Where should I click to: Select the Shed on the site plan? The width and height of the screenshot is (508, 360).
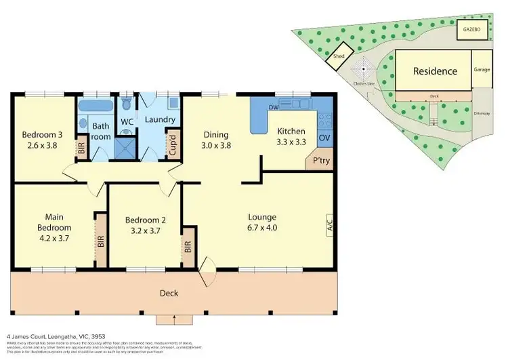click(337, 58)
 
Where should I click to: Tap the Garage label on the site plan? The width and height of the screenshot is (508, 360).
click(482, 70)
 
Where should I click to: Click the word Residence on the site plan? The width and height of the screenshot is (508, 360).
click(436, 71)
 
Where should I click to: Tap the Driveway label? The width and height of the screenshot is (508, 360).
click(482, 113)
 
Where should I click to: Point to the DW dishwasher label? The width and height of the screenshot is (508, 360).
click(274, 107)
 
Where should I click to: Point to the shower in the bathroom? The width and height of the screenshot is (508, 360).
click(123, 147)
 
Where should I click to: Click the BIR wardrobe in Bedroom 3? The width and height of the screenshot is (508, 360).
click(81, 148)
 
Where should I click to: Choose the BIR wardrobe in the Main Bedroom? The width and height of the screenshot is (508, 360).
click(101, 241)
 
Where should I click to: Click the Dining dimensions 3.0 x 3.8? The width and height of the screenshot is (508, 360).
click(215, 145)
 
